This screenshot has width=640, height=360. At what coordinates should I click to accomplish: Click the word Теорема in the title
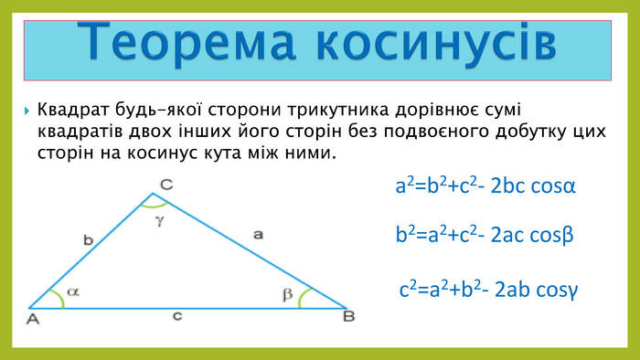[187, 42]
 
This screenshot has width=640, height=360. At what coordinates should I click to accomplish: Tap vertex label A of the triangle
[33, 319]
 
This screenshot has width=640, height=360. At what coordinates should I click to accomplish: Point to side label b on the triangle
[88, 240]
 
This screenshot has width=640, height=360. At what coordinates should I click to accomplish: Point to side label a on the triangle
[258, 235]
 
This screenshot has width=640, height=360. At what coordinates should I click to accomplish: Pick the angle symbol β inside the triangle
[288, 294]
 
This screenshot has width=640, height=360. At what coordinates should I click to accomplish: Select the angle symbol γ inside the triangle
[158, 221]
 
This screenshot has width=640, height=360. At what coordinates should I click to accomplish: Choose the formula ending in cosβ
[485, 235]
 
